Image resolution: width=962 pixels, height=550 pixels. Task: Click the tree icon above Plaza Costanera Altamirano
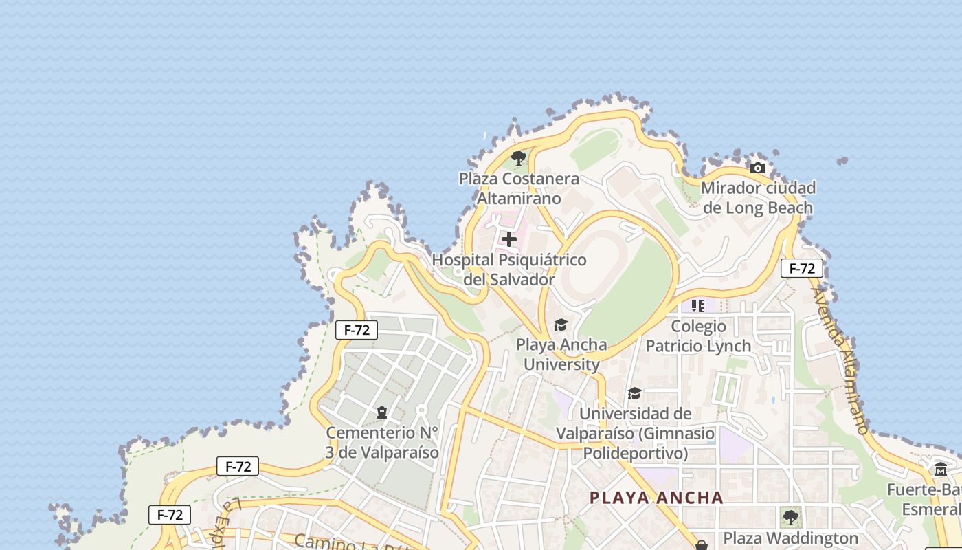pos(519,159)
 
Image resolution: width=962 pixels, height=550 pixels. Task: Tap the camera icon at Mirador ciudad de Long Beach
pos(757,168)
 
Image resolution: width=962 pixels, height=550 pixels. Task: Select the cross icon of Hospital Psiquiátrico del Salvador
pos(509,239)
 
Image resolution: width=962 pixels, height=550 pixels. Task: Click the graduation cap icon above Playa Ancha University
pos(561,324)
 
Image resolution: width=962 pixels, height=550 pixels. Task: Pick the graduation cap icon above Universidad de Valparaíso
pos(634,394)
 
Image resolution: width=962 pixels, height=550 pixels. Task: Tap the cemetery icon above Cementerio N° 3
pos(382,412)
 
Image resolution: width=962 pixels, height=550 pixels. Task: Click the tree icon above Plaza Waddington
pos(791,517)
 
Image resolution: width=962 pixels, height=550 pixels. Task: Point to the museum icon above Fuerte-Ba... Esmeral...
pos(941,470)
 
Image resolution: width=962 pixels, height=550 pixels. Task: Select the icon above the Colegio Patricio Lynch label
pos(698,305)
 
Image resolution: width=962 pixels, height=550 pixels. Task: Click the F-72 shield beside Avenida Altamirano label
pos(801,268)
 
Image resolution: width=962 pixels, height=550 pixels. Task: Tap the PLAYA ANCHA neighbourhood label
pos(656,498)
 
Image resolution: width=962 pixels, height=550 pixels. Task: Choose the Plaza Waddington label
pos(791,538)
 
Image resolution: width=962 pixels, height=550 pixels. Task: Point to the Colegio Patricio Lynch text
pos(698,335)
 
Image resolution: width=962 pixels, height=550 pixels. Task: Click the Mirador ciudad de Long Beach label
pos(758,198)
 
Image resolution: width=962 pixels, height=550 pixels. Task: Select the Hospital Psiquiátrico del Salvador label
pos(509,270)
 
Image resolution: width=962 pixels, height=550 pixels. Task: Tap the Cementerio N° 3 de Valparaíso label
pos(382,443)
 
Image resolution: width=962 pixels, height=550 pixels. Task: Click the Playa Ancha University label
pos(561,354)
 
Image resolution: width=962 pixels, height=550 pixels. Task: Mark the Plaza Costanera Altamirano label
pos(519,188)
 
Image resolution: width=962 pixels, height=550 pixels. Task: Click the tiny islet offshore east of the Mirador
pos(842,161)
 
